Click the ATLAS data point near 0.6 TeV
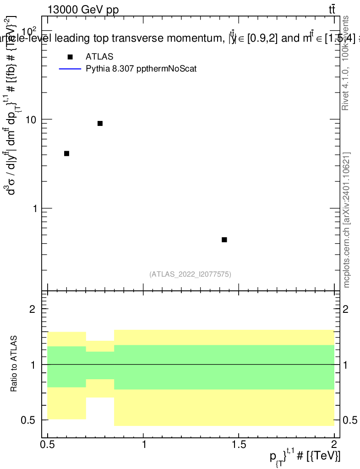click(66, 153)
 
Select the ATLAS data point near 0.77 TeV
click(100, 123)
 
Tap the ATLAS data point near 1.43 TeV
click(224, 240)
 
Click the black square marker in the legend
click(70, 57)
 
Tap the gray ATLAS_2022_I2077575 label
click(190, 274)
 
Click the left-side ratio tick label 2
click(33, 310)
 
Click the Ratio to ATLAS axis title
click(14, 364)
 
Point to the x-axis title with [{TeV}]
click(304, 456)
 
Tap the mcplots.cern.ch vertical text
click(347, 220)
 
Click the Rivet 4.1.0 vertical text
click(346, 63)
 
